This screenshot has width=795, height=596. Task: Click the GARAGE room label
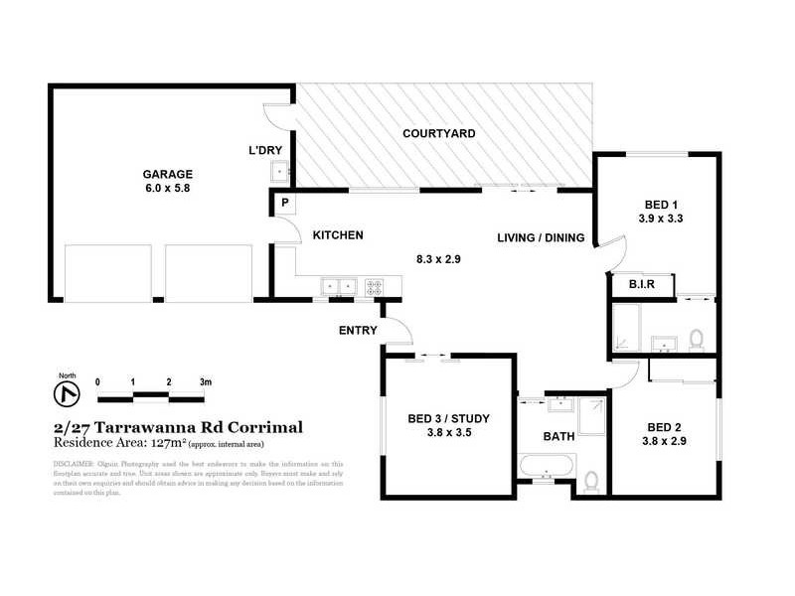click(167, 173)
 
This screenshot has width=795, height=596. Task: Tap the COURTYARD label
click(438, 133)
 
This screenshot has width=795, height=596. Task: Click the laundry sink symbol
click(281, 172)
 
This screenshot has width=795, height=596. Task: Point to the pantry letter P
click(285, 203)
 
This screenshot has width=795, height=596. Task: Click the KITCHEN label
click(338, 235)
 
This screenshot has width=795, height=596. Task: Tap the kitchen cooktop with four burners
click(377, 286)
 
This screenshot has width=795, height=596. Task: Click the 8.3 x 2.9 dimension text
click(439, 259)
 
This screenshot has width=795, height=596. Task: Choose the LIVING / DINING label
click(541, 236)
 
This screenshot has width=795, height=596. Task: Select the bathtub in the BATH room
click(546, 464)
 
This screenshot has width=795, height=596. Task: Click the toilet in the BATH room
click(591, 481)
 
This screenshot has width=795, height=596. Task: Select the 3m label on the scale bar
click(205, 381)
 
